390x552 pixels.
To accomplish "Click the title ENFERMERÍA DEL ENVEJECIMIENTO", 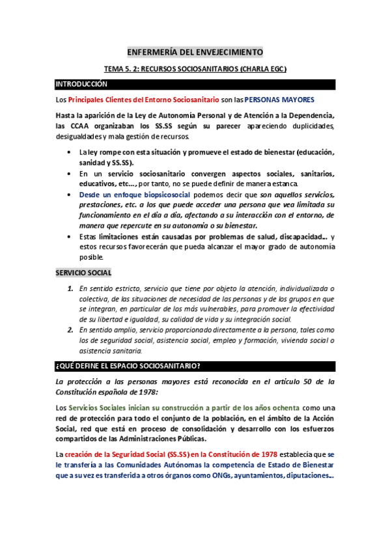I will [x=195, y=51].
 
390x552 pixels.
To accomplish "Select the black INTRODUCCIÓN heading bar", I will [x=195, y=84].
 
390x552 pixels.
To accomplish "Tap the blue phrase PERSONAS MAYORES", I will [x=279, y=100].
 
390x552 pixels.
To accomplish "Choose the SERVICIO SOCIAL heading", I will [x=83, y=273].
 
